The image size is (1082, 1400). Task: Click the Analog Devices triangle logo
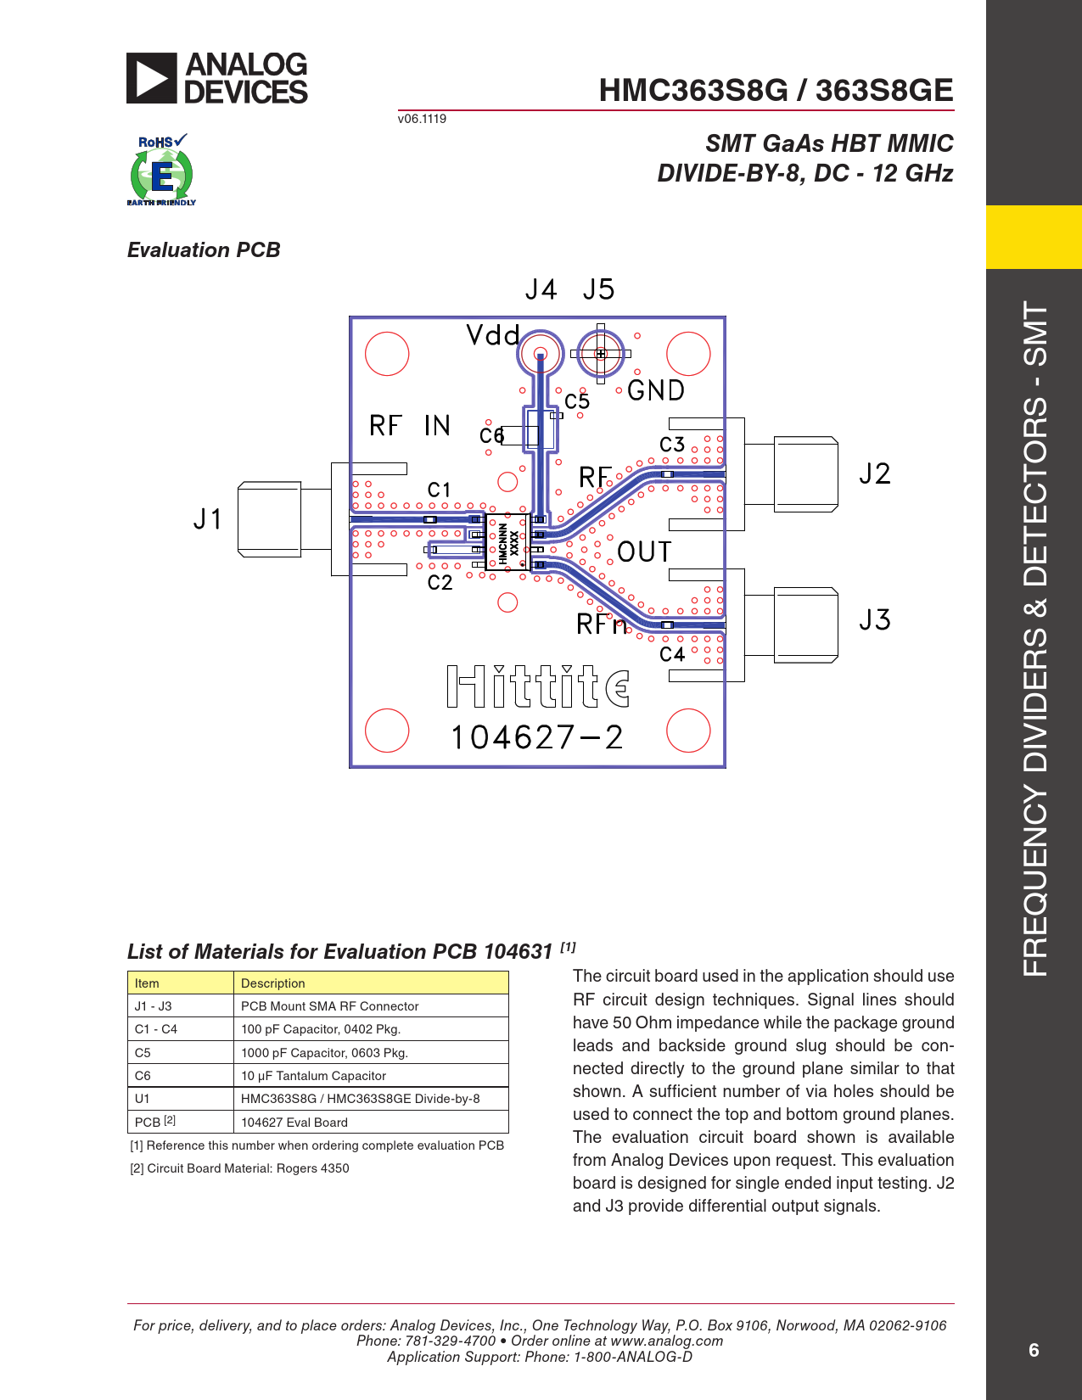(151, 78)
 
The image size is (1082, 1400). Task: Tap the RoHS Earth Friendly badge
(161, 170)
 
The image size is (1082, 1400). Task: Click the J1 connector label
(208, 518)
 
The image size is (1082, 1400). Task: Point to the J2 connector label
(874, 473)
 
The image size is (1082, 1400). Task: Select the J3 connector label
(874, 619)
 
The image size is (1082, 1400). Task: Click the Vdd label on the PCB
(492, 335)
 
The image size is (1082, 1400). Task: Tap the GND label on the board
(655, 390)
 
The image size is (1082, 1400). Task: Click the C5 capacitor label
(577, 401)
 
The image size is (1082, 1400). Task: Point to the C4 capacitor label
(671, 654)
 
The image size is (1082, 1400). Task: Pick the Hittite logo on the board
(537, 686)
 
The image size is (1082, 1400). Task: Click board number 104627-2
(537, 737)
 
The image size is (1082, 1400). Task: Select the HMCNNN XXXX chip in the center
(507, 542)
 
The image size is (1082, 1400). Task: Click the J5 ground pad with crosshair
(601, 354)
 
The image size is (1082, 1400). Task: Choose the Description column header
(272, 983)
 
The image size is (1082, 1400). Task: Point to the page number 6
(1034, 1350)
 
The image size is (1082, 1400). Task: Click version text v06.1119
(422, 119)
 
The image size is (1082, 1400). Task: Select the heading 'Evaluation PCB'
(204, 250)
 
